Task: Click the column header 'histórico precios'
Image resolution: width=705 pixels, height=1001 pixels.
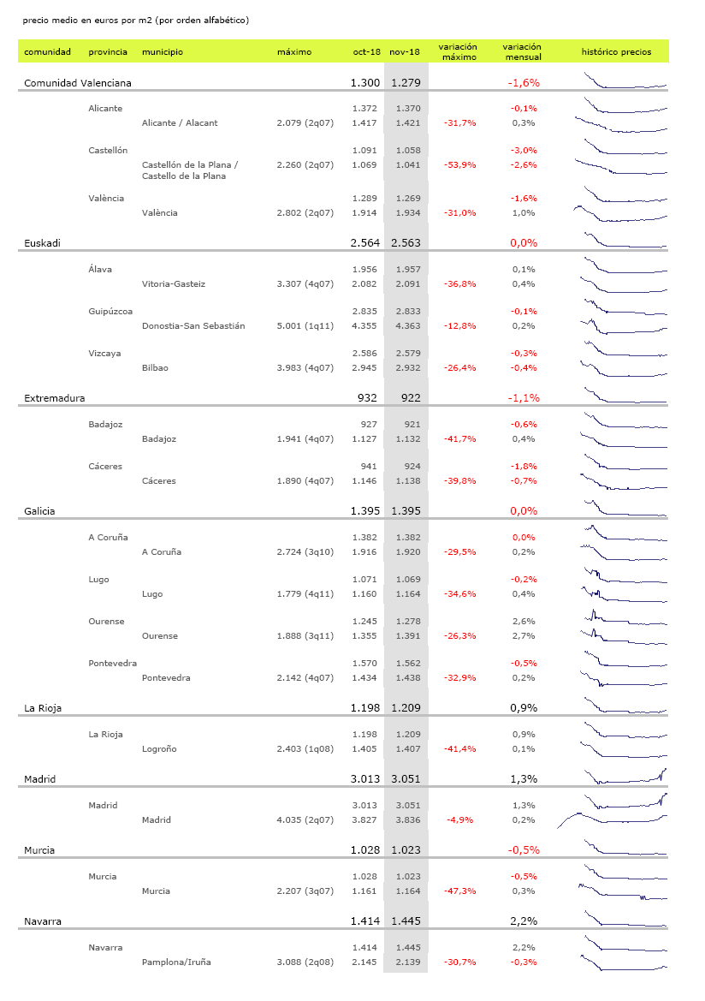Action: [616, 52]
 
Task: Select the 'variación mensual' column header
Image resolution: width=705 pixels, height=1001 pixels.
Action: [522, 52]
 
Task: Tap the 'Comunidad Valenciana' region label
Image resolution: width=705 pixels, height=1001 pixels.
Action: [76, 83]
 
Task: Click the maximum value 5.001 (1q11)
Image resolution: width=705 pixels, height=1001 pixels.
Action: [305, 326]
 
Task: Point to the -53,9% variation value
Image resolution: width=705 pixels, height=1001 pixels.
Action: [459, 164]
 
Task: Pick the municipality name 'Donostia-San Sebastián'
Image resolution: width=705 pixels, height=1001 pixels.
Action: [193, 326]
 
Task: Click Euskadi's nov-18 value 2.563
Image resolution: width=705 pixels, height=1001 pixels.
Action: [406, 243]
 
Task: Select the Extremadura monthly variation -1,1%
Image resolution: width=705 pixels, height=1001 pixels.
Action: [523, 398]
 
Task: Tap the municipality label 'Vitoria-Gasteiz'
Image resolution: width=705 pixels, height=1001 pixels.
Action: [174, 284]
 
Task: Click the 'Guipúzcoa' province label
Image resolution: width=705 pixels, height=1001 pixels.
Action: [110, 312]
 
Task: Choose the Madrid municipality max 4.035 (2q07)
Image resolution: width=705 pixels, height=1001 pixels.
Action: [305, 820]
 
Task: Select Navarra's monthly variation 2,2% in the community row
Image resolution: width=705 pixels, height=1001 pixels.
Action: [523, 921]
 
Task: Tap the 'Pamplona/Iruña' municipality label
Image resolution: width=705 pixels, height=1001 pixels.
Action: [176, 962]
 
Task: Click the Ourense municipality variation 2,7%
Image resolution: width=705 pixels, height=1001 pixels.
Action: [523, 636]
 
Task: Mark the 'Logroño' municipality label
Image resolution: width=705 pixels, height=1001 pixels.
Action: [159, 749]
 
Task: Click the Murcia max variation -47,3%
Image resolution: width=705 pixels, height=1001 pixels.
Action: [459, 891]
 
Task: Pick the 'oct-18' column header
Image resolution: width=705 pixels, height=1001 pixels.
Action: [367, 52]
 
